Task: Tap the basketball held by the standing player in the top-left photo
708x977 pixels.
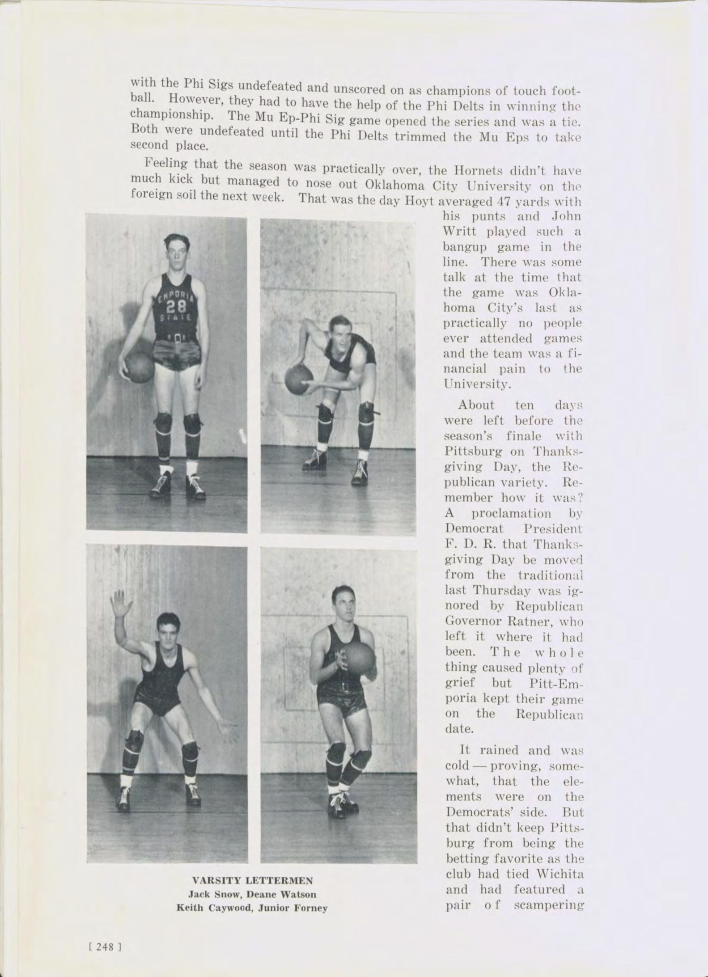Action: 139,367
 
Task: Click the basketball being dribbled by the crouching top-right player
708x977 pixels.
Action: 299,380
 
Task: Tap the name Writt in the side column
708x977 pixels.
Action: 460,232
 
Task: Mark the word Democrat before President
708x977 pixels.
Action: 474,529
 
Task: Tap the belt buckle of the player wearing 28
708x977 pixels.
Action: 178,337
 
